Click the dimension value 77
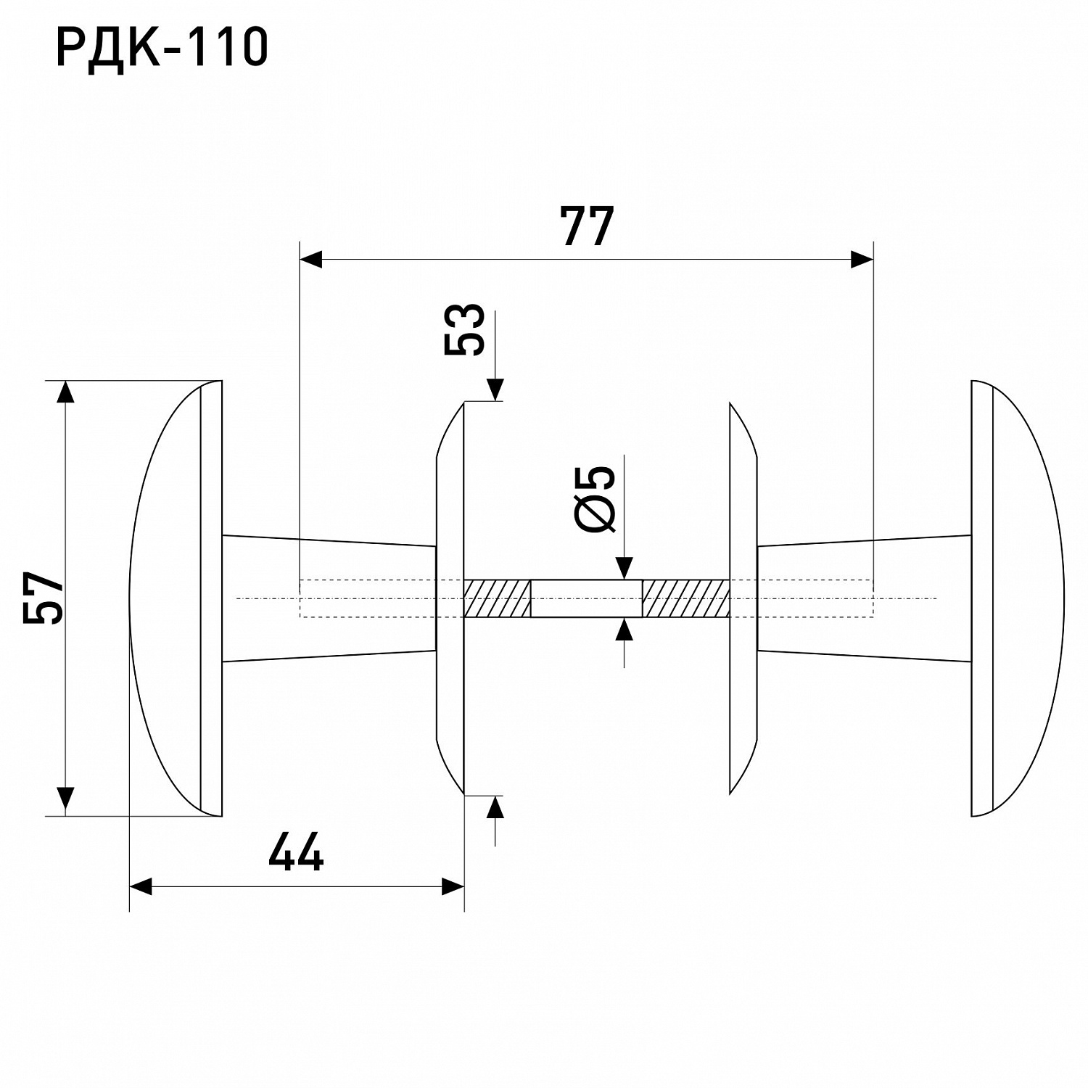[x=586, y=226]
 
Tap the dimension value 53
[x=464, y=329]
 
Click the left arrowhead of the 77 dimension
[x=311, y=259]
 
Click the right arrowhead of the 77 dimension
[x=862, y=259]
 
